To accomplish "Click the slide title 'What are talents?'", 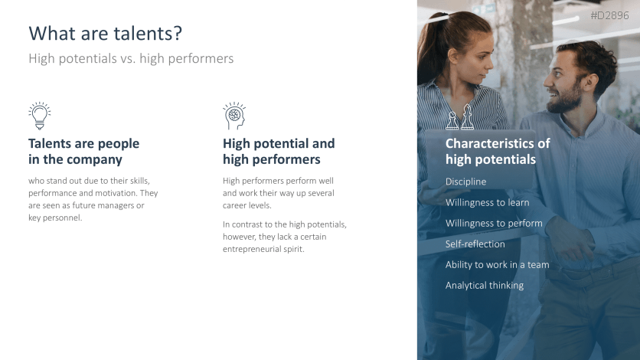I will tap(105, 34).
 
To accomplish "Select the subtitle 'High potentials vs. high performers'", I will tap(130, 58).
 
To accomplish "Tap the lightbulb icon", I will tap(39, 116).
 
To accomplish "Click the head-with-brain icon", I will tap(233, 116).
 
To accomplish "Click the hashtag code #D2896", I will tap(609, 15).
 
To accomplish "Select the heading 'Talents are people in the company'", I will tap(83, 152).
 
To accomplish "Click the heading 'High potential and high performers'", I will tap(279, 152).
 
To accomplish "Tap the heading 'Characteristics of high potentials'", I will tap(498, 152).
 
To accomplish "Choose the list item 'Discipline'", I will tap(465, 182).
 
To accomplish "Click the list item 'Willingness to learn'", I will tap(487, 203).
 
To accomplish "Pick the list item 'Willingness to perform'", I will tap(494, 224).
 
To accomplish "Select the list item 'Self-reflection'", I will tap(475, 244).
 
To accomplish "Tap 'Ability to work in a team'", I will tap(497, 265).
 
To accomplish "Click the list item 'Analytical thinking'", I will tap(485, 286).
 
